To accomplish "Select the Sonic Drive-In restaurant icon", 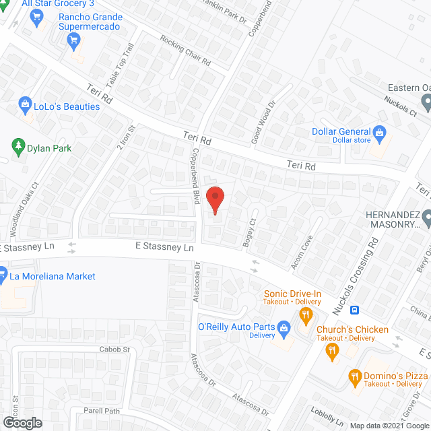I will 306,314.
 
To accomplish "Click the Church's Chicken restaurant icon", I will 331,349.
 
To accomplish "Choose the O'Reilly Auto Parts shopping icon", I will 284,327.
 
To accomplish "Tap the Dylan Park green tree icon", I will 18,145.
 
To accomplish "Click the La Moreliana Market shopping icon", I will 3,276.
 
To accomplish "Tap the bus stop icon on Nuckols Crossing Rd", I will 355,311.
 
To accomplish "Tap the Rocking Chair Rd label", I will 185,50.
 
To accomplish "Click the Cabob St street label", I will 114,350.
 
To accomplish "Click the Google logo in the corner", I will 22,422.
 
